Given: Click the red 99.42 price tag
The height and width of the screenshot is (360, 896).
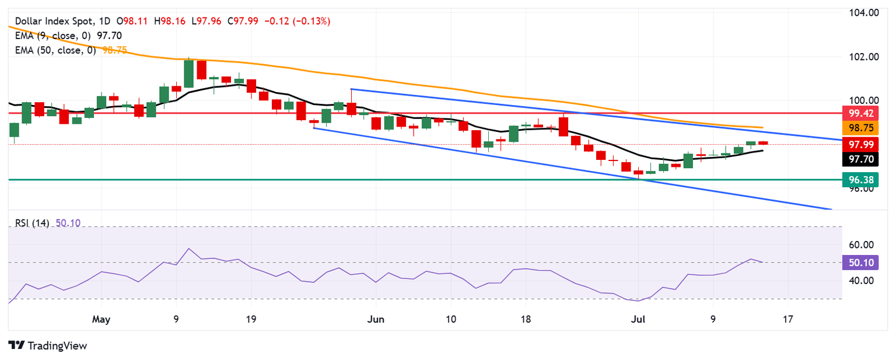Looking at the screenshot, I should pyautogui.click(x=860, y=113).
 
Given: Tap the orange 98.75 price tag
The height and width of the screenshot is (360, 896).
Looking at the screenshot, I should pyautogui.click(x=860, y=128).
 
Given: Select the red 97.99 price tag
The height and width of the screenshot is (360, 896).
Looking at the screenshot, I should pyautogui.click(x=860, y=144).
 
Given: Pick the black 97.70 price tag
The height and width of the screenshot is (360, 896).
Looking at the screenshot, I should pyautogui.click(x=860, y=159).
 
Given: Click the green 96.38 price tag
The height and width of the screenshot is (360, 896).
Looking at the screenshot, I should pyautogui.click(x=860, y=180).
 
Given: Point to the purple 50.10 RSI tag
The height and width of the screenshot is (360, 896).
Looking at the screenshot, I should pyautogui.click(x=860, y=263).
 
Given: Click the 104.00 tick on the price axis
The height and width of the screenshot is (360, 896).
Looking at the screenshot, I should pyautogui.click(x=864, y=13).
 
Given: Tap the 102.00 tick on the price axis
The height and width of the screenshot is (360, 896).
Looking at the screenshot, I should pyautogui.click(x=864, y=57).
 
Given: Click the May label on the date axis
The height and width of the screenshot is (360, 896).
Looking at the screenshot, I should pyautogui.click(x=101, y=320).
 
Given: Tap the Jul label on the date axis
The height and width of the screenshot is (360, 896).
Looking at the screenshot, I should pyautogui.click(x=639, y=320).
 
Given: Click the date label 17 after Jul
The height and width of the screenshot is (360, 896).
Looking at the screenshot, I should pyautogui.click(x=788, y=320).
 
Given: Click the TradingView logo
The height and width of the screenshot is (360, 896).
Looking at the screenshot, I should pyautogui.click(x=48, y=345).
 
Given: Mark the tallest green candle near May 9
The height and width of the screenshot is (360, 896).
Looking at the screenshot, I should pyautogui.click(x=188, y=74).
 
